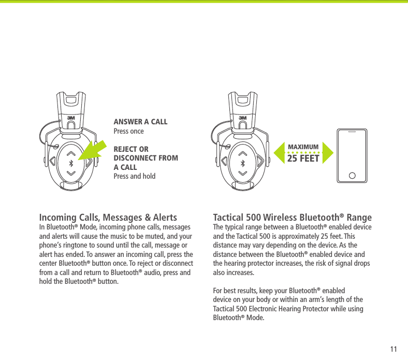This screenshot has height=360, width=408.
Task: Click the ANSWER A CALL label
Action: [x=140, y=122]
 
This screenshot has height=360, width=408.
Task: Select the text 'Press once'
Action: [x=128, y=132]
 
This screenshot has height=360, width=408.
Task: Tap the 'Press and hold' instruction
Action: [x=134, y=176]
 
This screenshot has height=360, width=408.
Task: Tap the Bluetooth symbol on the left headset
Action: [x=71, y=163]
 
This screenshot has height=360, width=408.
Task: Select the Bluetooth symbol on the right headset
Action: [x=241, y=163]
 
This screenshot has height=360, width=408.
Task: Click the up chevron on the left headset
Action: [x=71, y=154]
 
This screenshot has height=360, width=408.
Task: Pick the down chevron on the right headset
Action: [x=241, y=172]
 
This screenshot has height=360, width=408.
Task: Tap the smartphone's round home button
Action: [x=352, y=175]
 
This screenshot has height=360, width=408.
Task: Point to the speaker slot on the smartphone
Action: [x=352, y=132]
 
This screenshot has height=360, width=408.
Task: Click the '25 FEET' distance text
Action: [x=303, y=159]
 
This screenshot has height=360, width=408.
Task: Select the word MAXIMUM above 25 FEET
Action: [x=303, y=147]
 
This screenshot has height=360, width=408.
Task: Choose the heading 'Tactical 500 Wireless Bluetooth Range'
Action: [x=292, y=218]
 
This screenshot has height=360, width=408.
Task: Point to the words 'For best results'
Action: [x=232, y=291]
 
